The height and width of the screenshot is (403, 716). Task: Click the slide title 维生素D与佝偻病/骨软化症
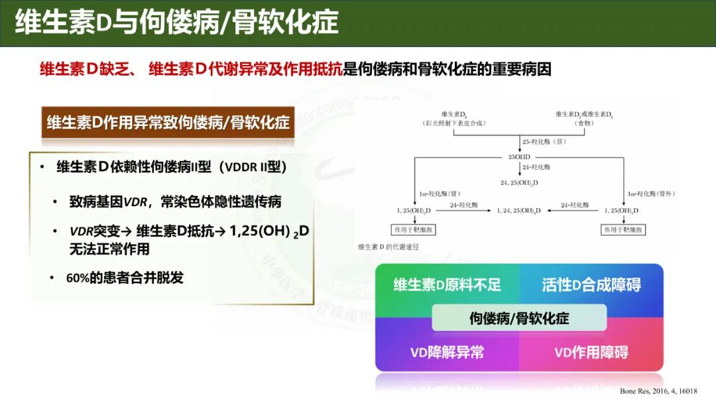pyautogui.click(x=176, y=23)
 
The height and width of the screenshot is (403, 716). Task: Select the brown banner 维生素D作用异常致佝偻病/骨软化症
pyautogui.click(x=168, y=123)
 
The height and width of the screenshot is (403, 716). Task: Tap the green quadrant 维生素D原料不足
pyautogui.click(x=447, y=285)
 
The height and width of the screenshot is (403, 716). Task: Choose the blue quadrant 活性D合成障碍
pyautogui.click(x=591, y=285)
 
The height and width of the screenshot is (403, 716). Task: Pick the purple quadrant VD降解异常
pyautogui.click(x=447, y=352)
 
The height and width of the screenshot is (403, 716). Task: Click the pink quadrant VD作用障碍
pyautogui.click(x=591, y=352)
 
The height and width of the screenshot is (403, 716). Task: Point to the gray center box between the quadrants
pyautogui.click(x=519, y=318)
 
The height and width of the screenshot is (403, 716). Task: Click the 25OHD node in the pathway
pyautogui.click(x=518, y=157)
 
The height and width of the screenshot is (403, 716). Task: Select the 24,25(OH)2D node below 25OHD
pyautogui.click(x=518, y=182)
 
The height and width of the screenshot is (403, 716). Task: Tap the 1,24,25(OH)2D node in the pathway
pyautogui.click(x=519, y=210)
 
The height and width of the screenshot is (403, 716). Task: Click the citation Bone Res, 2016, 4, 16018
pyautogui.click(x=658, y=391)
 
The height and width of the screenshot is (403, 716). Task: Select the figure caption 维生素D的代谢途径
pyautogui.click(x=388, y=247)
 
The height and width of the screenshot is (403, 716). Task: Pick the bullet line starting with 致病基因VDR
pyautogui.click(x=180, y=201)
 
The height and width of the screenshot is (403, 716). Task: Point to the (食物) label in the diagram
pyautogui.click(x=584, y=123)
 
